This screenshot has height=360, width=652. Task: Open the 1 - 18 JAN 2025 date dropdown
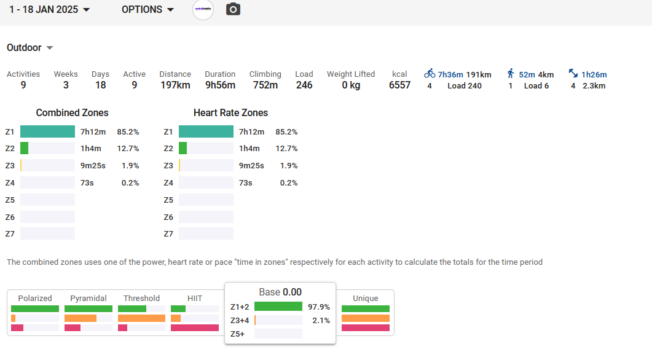click(x=50, y=10)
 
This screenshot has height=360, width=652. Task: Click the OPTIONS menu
click(x=147, y=10)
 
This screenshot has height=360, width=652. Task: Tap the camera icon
click(x=233, y=10)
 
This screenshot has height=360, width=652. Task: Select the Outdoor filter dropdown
click(x=29, y=48)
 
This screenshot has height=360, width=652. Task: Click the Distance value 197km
click(x=175, y=85)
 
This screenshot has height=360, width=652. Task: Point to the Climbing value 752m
click(x=265, y=85)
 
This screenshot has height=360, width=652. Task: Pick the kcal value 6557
click(x=399, y=85)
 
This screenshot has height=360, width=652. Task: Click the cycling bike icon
click(x=430, y=74)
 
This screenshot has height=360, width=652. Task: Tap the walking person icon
click(x=511, y=74)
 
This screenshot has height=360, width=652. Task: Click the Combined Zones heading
click(x=72, y=113)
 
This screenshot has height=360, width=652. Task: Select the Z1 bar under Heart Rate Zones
click(x=206, y=131)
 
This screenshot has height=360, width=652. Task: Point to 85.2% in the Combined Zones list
click(x=128, y=131)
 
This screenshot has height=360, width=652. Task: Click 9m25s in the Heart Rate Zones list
click(x=251, y=166)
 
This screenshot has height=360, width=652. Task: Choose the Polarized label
click(x=35, y=299)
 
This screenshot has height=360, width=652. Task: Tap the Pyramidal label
click(x=88, y=299)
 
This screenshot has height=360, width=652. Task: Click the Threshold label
click(x=141, y=299)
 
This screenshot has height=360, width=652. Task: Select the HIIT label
click(x=194, y=299)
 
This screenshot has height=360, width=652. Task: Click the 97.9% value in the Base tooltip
click(x=319, y=307)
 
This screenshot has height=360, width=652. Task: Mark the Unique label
click(x=365, y=299)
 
